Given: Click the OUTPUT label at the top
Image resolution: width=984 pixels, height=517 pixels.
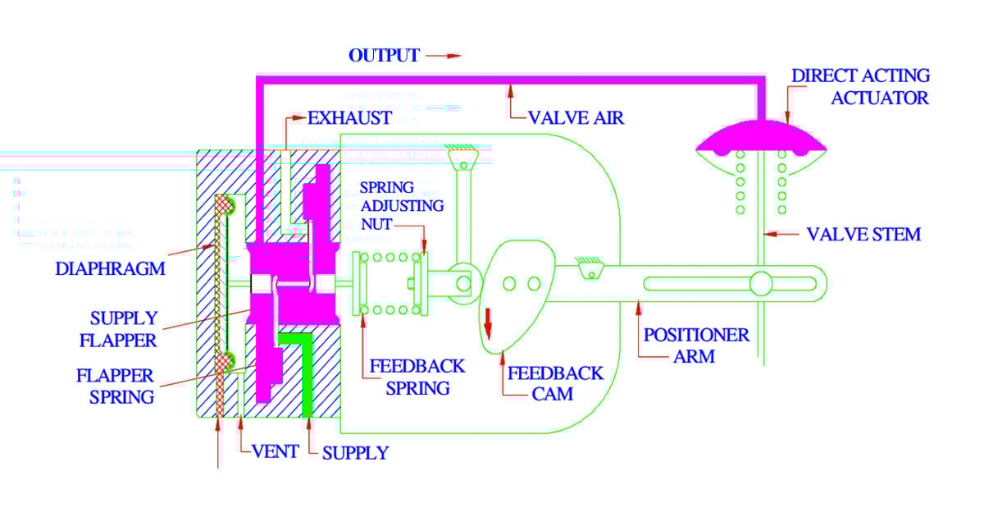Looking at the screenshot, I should pos(383,56).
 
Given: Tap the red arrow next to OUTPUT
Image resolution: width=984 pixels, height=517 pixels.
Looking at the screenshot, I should pos(443,57).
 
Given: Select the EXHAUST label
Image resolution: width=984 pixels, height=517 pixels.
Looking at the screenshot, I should pos(349,117).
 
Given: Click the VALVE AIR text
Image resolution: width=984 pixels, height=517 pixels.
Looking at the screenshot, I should pos(576,118).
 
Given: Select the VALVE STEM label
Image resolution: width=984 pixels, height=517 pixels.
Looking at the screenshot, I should pos(863,235).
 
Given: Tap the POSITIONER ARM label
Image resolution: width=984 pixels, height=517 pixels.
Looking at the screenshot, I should pos(696,345).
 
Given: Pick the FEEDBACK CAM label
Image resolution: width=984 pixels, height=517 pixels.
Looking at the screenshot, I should pos(555,383).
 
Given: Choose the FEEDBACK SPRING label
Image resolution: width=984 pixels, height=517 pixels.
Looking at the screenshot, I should pos(417,377).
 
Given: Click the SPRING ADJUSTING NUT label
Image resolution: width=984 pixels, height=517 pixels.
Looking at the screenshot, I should pos(402,205).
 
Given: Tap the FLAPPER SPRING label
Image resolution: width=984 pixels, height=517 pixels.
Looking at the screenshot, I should pos(115,386).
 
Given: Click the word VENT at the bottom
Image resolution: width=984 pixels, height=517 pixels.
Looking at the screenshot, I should pos(274,451).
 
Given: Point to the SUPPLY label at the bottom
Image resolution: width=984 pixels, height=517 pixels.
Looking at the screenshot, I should pos(354,452).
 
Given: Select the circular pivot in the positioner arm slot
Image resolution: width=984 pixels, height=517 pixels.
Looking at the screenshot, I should pos(761,284).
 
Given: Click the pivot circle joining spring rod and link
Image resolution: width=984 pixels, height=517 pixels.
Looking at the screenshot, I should pos(463,284).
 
